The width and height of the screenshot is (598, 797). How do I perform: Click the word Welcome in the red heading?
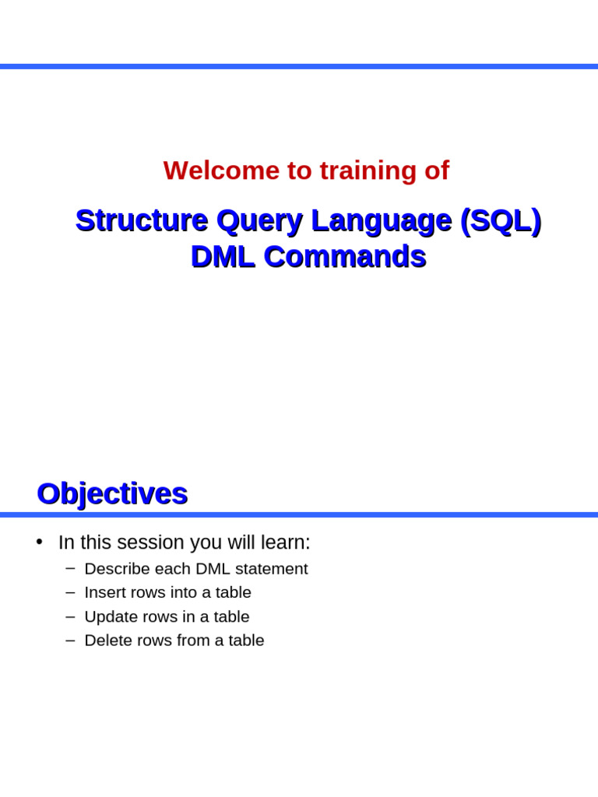tap(221, 170)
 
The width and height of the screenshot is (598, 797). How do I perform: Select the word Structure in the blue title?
tap(142, 220)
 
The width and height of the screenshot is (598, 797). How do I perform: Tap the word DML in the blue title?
tap(223, 257)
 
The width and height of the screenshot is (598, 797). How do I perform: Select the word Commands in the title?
tap(345, 257)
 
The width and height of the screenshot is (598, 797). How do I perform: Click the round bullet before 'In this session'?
tap(39, 542)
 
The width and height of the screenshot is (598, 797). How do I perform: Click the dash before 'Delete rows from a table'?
tap(70, 641)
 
